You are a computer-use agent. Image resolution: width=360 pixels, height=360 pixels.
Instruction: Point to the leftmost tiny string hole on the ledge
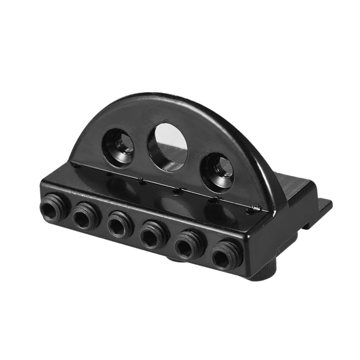pos(76,166)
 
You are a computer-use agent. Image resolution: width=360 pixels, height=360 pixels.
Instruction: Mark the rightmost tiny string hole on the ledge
pos(256,208)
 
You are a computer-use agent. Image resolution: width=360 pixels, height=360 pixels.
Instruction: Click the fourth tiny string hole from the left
pos(176,190)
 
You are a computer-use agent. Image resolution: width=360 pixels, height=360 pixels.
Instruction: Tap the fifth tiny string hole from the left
pos(215,199)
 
